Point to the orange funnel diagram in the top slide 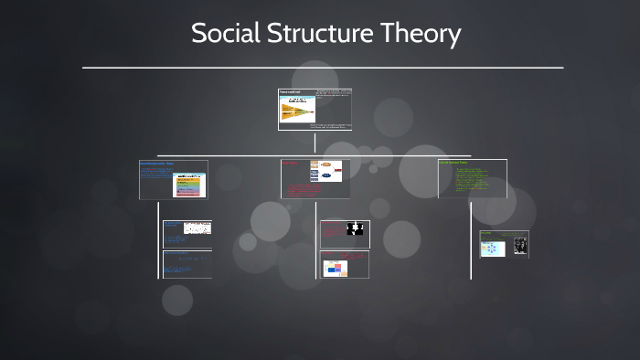(295, 111)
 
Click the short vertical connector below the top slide (315, 142)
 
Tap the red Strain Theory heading (290, 164)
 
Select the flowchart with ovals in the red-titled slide (325, 171)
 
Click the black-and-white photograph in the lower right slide (519, 245)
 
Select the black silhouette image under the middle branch (355, 228)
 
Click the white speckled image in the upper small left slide (197, 228)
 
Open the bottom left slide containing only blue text (187, 264)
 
